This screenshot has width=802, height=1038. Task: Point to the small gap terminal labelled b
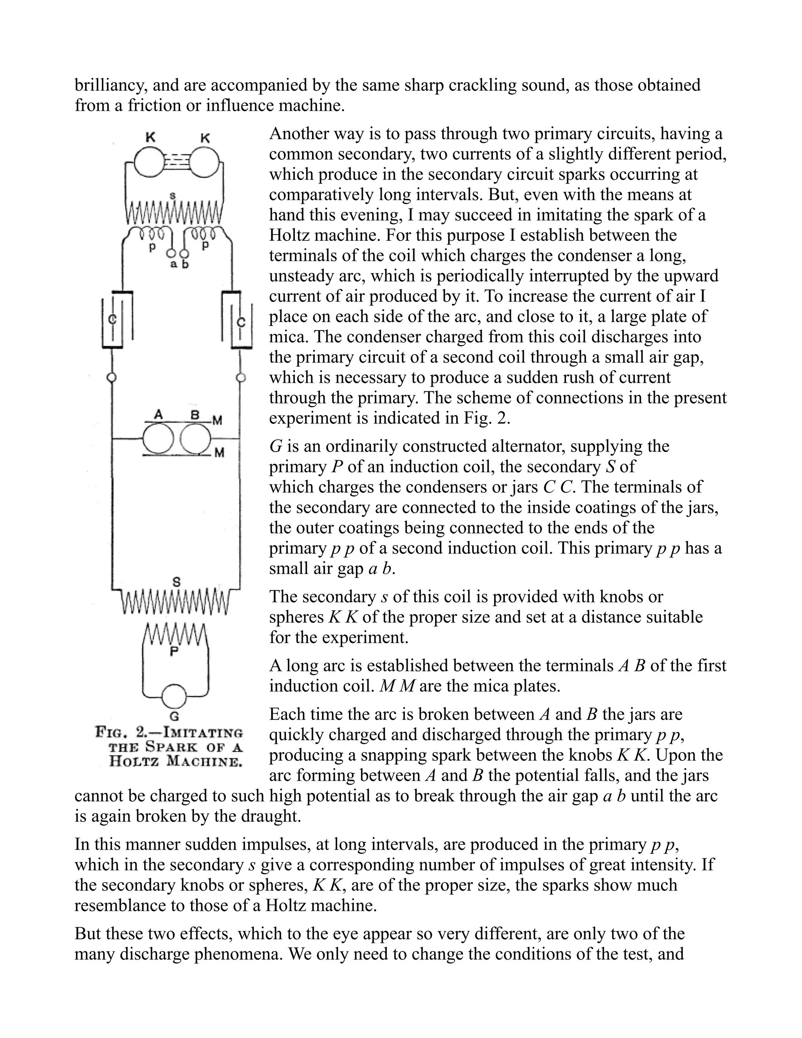[185, 254]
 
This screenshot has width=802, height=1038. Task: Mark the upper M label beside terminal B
[218, 421]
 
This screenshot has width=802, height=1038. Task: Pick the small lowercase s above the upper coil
[173, 194]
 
